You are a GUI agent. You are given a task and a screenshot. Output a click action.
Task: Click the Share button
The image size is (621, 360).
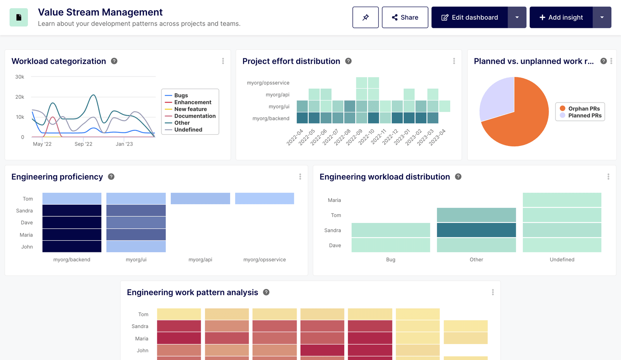[405, 17]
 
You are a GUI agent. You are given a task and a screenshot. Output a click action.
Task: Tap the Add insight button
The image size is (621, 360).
[561, 17]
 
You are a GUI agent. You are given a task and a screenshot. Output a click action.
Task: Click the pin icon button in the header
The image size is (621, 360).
[365, 17]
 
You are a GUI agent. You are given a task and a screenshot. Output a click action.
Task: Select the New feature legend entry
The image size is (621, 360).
[190, 109]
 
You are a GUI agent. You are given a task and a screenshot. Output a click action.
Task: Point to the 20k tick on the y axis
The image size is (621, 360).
[20, 97]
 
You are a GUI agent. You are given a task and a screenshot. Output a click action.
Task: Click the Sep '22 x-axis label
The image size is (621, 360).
[83, 144]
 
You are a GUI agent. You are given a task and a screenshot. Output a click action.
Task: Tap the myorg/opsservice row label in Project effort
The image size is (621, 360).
[268, 83]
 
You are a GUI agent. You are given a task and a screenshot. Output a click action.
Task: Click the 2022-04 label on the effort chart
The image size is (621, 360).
[295, 137]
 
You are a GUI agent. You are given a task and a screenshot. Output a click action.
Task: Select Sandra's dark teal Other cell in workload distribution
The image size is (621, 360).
[476, 230]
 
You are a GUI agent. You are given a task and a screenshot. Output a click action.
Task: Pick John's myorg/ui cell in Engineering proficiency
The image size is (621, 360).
[136, 247]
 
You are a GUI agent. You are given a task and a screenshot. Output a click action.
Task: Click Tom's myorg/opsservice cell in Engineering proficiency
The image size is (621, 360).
[264, 198]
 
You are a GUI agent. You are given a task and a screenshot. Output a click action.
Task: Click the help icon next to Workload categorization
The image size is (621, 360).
[114, 61]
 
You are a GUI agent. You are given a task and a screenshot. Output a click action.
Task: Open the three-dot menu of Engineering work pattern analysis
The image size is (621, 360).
[493, 292]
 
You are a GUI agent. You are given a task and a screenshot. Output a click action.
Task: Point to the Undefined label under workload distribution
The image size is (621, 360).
[562, 259]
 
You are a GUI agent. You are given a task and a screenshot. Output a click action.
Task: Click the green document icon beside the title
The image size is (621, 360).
[19, 17]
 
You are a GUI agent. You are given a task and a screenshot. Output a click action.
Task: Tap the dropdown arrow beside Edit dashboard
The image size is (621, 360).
[517, 17]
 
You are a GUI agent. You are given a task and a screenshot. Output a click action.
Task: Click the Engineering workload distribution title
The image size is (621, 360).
[384, 177]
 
